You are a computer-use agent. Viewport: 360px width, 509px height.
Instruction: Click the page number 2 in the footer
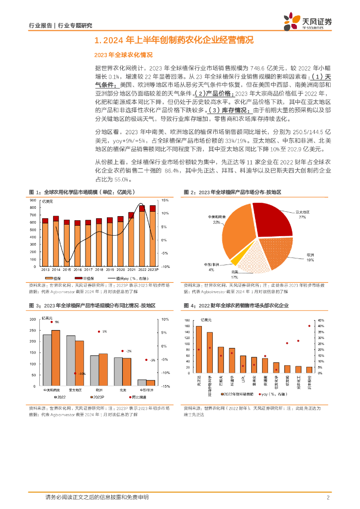click(328, 497)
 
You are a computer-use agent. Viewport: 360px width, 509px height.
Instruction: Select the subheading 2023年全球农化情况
click(123, 55)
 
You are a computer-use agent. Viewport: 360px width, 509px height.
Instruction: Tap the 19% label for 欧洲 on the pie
click(309, 260)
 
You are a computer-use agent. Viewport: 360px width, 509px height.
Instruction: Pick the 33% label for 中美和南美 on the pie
click(216, 222)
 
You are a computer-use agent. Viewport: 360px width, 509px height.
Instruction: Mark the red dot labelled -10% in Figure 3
click(75, 373)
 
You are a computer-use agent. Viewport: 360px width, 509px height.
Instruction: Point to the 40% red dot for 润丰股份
click(309, 326)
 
